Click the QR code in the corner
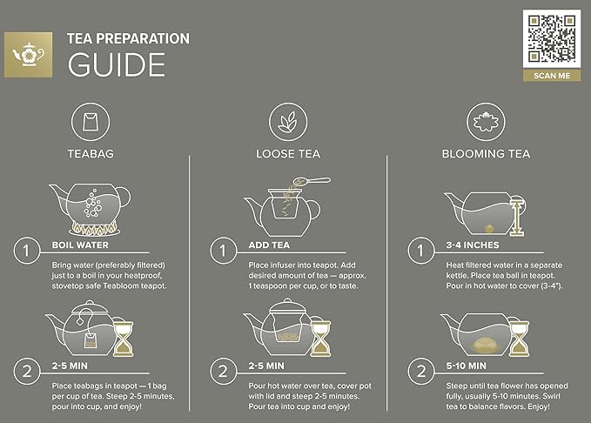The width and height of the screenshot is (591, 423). [x=551, y=38]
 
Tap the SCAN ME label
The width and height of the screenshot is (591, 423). [x=551, y=76]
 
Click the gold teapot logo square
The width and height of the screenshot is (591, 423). [x=29, y=53]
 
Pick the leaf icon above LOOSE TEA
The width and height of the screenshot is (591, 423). [x=286, y=120]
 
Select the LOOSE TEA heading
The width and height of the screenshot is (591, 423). [x=287, y=154]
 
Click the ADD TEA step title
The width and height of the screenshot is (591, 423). [x=271, y=245]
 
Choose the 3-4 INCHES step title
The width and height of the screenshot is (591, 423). [x=471, y=245]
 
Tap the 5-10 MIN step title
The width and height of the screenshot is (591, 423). [x=466, y=366]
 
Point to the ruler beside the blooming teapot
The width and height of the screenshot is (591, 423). [x=517, y=214]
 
